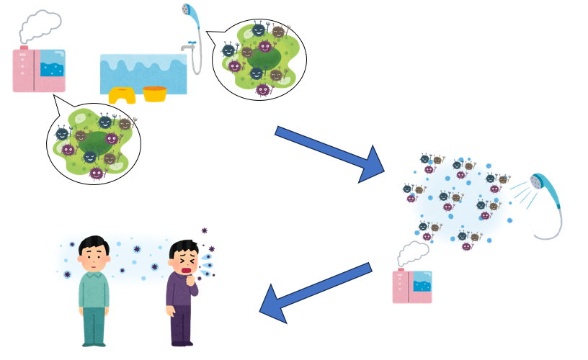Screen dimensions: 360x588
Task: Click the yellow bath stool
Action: pyautogui.click(x=122, y=96)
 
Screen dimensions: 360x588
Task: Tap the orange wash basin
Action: pyautogui.click(x=154, y=94)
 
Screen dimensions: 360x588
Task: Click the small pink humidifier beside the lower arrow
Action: pyautogui.click(x=412, y=286)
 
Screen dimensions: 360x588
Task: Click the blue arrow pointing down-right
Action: pyautogui.click(x=332, y=152)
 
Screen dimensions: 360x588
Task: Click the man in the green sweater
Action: pyautogui.click(x=94, y=288)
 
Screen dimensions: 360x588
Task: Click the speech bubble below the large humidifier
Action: pyautogui.click(x=93, y=140)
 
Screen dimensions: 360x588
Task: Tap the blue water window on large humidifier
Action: pyautogui.click(x=52, y=66)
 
